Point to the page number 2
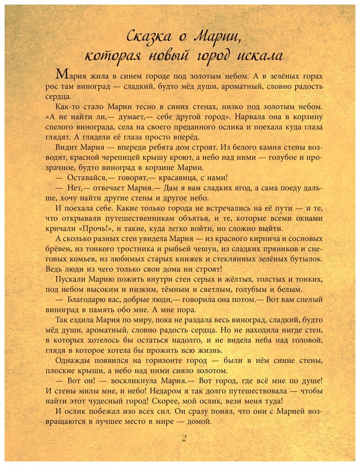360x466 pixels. [184, 438]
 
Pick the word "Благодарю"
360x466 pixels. [87, 300]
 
